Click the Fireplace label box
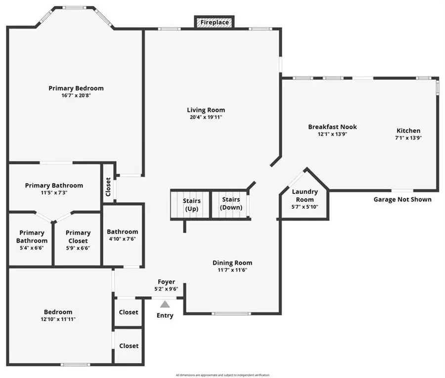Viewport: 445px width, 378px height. coord(215,22)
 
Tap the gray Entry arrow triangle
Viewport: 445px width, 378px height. coord(165,304)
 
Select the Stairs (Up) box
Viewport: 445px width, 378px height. coord(191,204)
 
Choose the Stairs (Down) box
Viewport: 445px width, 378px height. coord(231,203)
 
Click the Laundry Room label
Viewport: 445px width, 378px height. coord(305,195)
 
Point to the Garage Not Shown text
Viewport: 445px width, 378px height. coord(402,199)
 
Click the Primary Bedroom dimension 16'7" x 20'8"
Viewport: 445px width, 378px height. coord(76,96)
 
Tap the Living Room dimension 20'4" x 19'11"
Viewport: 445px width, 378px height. coord(206,117)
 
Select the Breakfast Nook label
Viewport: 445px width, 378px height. coord(332,127)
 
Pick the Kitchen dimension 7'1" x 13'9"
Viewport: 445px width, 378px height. coord(408,138)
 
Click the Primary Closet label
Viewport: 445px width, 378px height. coord(78,236)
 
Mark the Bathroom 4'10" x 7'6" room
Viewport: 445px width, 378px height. coord(123,235)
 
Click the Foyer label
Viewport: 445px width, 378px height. coord(166,282)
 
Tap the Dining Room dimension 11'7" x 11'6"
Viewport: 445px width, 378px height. coord(232,270)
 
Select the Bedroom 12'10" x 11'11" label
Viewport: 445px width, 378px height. coord(58,312)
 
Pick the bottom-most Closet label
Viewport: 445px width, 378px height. coord(129,346)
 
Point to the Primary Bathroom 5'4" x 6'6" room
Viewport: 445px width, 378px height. coord(32,236)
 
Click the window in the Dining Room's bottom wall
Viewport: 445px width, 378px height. coord(231,313)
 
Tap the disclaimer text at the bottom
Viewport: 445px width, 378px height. coord(222,375)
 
